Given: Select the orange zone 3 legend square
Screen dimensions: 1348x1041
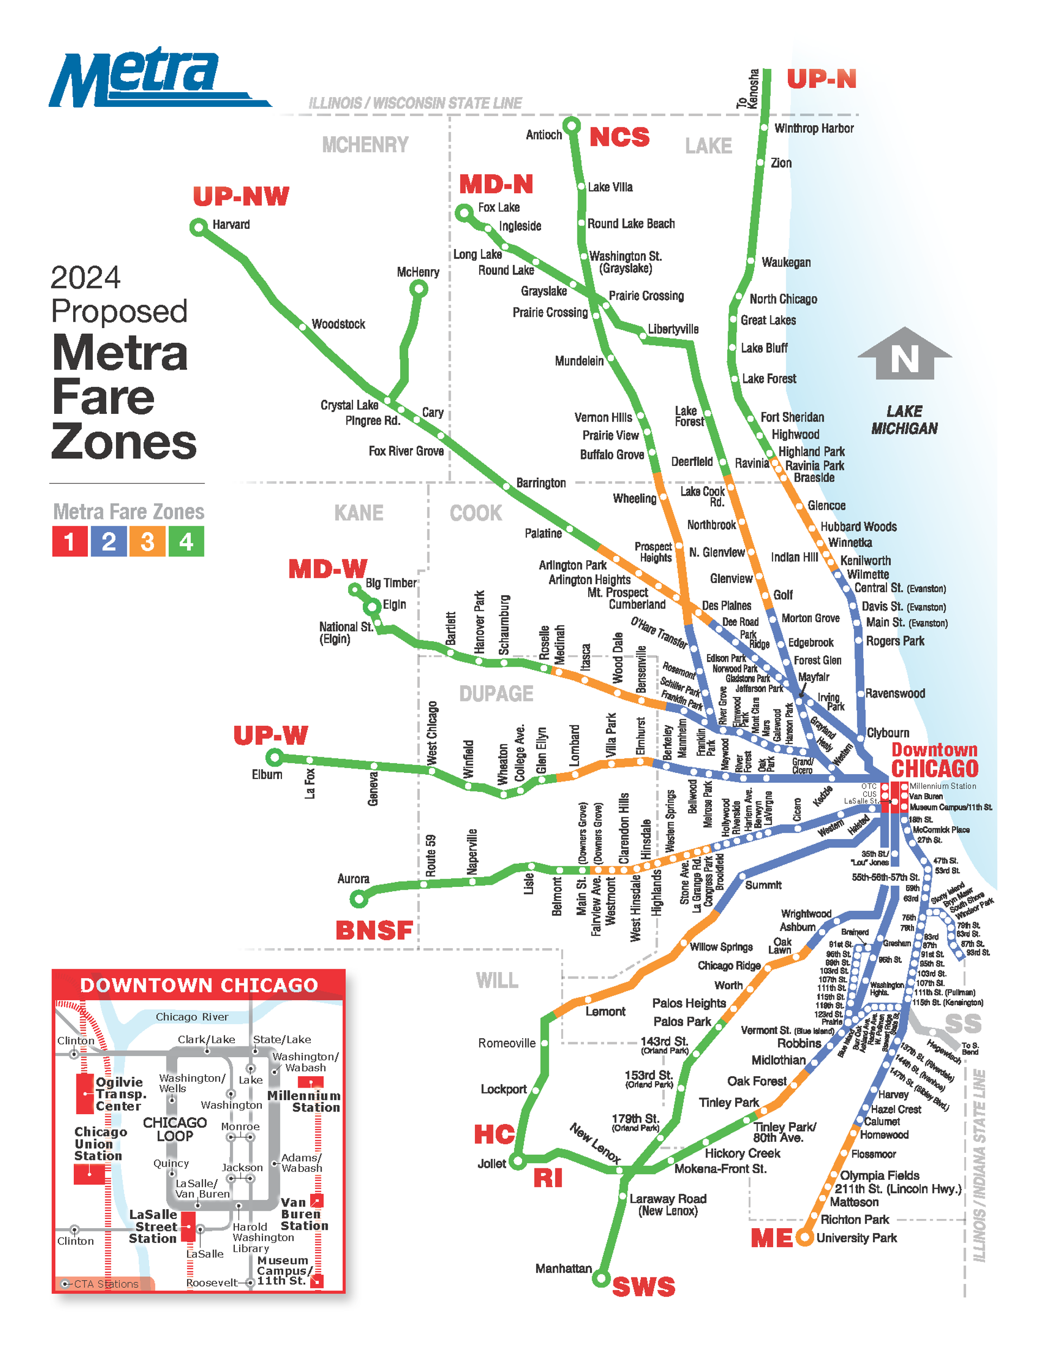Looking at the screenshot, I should (x=147, y=541).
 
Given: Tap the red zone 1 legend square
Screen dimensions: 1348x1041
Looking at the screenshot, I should (x=70, y=541).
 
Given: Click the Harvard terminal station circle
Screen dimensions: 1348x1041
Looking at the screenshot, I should (x=198, y=227).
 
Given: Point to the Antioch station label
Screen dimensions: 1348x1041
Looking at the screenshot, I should (x=544, y=135).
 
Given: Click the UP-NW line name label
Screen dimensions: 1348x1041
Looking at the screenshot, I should (x=241, y=196).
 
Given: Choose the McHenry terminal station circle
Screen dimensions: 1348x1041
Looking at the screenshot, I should (x=419, y=288).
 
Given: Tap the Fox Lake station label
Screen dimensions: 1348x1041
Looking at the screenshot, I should (x=499, y=207).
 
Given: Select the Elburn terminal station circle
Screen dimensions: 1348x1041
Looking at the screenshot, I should (x=274, y=757).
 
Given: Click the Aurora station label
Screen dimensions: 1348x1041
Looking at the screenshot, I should (x=353, y=878).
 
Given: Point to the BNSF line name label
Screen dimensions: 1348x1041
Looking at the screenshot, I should (x=374, y=930).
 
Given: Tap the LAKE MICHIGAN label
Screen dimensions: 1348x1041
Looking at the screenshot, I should (x=904, y=420).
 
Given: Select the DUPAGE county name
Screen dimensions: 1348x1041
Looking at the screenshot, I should (x=496, y=694).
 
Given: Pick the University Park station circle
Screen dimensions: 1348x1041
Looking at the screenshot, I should (x=804, y=1237).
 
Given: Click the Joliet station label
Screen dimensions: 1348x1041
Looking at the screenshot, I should (x=491, y=1164).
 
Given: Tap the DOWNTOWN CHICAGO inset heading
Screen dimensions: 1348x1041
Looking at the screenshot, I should (x=198, y=985).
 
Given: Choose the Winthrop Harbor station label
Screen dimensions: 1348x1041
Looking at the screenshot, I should (x=814, y=129).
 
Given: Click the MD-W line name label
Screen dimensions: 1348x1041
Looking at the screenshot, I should (x=327, y=568).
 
